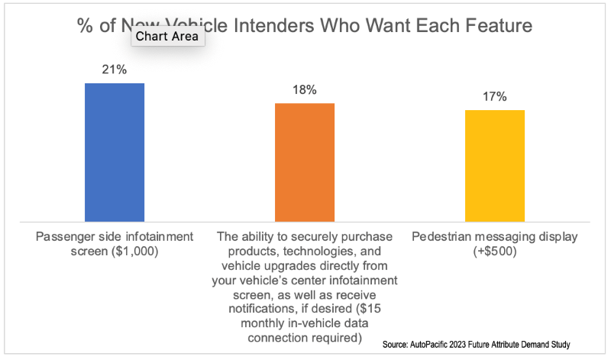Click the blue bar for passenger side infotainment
(x=115, y=152)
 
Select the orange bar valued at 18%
(x=305, y=162)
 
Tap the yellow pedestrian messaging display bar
(x=495, y=166)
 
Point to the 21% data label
(x=115, y=70)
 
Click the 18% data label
(x=305, y=89)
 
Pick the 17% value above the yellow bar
(x=495, y=97)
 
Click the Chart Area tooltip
(x=167, y=35)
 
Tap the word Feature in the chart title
(x=497, y=25)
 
